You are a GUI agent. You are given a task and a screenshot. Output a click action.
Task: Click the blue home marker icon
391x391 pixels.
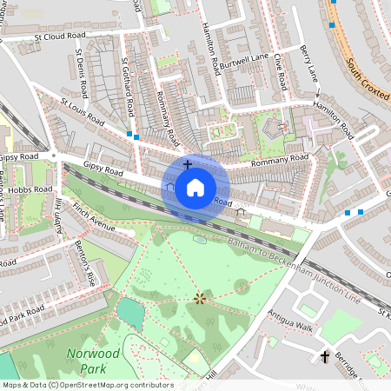tap(195, 187)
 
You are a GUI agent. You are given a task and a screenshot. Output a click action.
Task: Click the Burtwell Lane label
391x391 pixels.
tap(244, 61)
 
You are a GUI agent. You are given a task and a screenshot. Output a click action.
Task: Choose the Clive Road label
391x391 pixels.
tap(281, 71)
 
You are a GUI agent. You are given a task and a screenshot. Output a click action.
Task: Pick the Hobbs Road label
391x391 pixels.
tap(33, 189)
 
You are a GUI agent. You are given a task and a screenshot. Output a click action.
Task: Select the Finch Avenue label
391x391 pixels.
tap(94, 221)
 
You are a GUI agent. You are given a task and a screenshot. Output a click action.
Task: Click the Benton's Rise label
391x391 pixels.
tap(84, 262)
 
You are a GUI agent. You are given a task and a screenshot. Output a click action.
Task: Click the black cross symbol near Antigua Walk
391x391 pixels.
tap(326, 357)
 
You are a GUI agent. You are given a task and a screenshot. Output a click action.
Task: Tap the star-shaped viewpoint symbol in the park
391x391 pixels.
tap(201, 299)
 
